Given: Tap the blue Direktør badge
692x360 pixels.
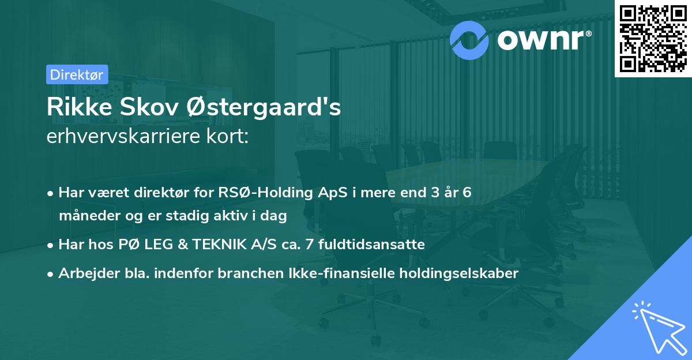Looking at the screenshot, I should [x=77, y=74].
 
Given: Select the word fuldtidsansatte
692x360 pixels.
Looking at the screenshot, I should [x=377, y=244].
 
